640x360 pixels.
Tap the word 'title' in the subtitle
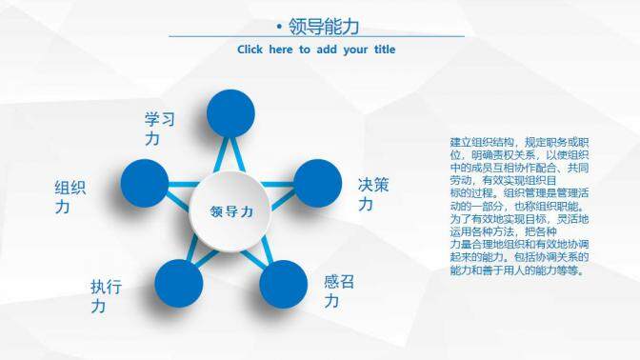pyautogui.click(x=380, y=50)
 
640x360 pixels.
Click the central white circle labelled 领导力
pyautogui.click(x=231, y=211)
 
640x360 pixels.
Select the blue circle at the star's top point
pyautogui.click(x=231, y=113)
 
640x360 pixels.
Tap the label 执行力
pyautogui.click(x=105, y=295)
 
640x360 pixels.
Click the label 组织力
pyautogui.click(x=70, y=197)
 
